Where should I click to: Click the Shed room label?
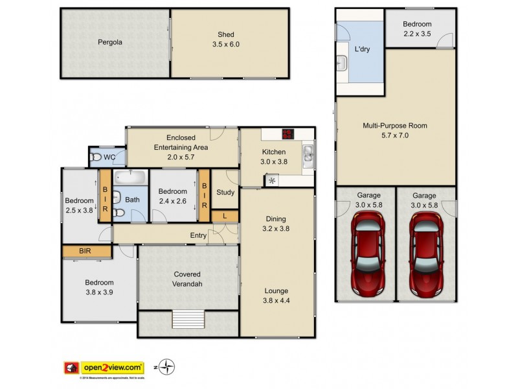[x=226, y=35]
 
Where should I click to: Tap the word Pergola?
[x=109, y=43]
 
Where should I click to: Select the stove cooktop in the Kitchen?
[x=287, y=135]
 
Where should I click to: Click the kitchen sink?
[x=309, y=154]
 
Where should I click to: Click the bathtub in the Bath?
[x=131, y=176]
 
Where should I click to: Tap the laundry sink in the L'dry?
[x=343, y=63]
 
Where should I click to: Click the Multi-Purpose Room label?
[x=394, y=126]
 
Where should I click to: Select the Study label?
[x=225, y=192]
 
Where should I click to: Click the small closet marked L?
[x=224, y=215]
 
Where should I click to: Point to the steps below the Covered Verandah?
[x=188, y=320]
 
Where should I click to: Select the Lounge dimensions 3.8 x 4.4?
[x=276, y=300]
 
